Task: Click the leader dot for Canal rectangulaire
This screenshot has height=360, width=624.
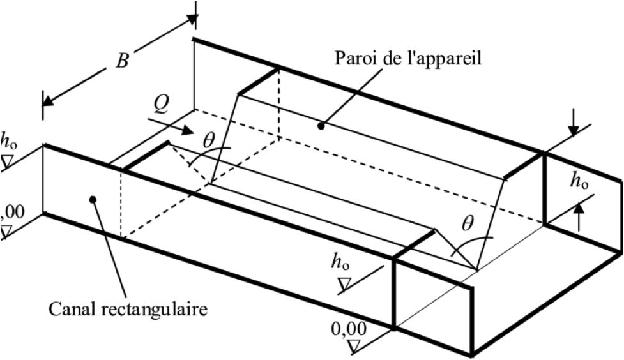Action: click(93, 199)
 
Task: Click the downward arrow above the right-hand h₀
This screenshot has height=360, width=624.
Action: click(574, 130)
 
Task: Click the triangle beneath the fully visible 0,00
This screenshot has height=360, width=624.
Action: click(354, 347)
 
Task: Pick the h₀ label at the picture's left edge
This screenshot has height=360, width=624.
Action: click(9, 139)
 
